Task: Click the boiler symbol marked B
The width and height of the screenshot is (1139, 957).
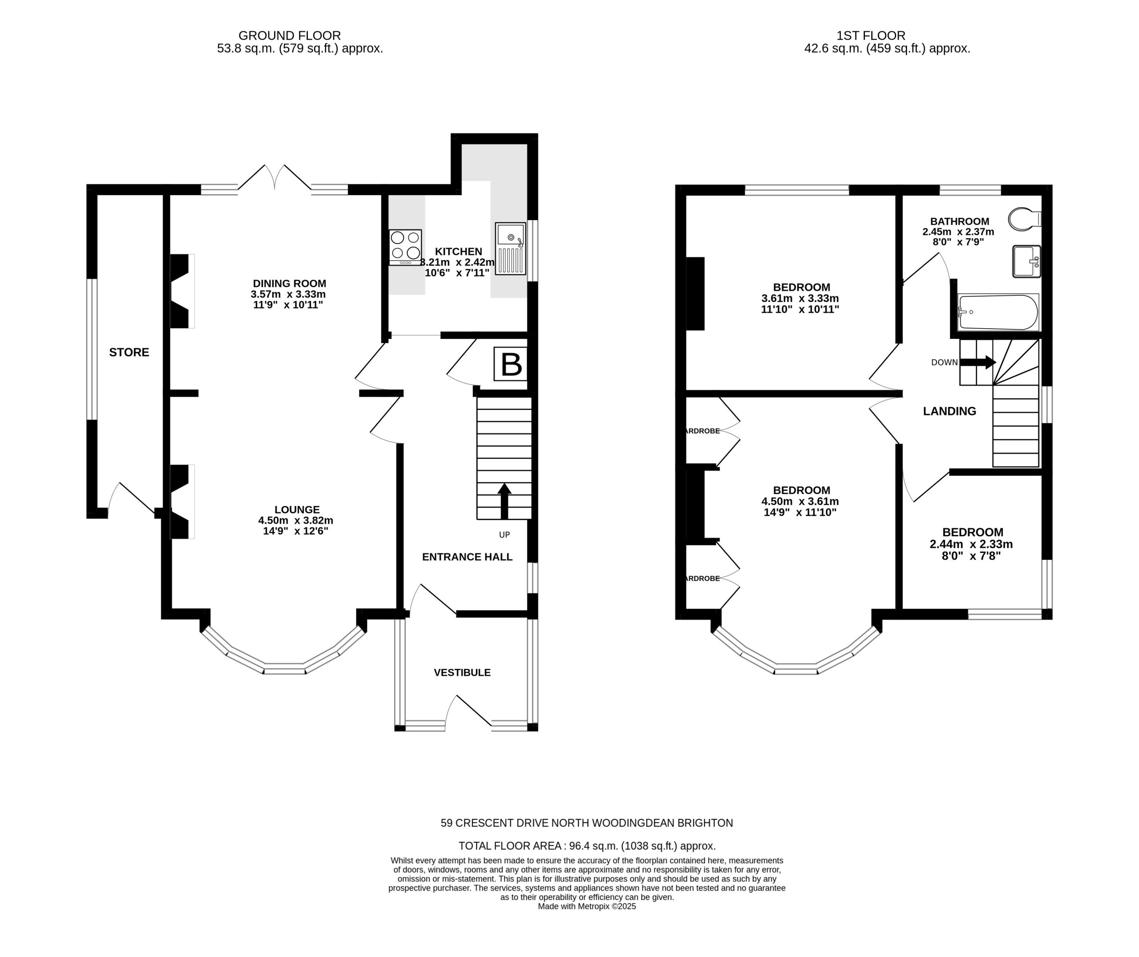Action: [509, 363]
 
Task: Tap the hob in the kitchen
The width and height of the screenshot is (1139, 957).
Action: [405, 247]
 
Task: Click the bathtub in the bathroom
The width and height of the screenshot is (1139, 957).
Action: [998, 312]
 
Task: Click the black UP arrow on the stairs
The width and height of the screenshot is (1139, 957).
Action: [505, 501]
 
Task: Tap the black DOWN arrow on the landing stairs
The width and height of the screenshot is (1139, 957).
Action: [978, 362]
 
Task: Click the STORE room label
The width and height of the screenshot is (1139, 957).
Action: [129, 353]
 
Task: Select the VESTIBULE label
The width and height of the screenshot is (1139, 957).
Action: [462, 673]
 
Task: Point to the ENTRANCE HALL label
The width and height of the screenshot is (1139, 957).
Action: [467, 557]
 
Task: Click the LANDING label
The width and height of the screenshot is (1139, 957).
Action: [949, 411]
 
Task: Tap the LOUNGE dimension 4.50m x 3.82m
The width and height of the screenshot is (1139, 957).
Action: [296, 520]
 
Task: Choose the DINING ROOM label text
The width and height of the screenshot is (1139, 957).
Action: [290, 283]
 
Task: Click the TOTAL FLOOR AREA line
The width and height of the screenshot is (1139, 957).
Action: [587, 846]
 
